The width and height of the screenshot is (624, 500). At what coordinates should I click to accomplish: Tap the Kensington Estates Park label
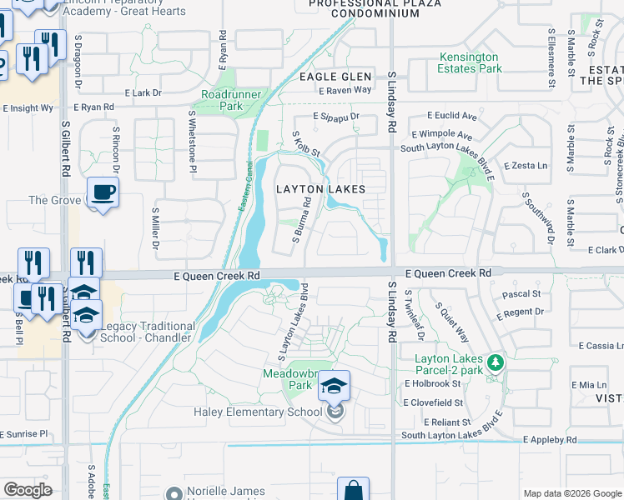(x=471, y=62)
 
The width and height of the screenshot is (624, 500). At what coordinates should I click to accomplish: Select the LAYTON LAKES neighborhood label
(x=320, y=189)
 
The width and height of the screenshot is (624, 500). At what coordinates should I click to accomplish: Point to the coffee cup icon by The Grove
(x=103, y=192)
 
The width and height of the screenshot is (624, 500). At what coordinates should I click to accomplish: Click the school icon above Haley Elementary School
(x=335, y=386)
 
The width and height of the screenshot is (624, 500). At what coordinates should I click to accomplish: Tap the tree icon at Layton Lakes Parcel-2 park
(x=496, y=362)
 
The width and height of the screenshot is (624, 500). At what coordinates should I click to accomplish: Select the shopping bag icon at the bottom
(x=353, y=490)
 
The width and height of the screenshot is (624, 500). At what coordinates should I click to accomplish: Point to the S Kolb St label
(x=306, y=144)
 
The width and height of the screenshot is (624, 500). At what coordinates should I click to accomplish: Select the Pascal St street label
(x=522, y=294)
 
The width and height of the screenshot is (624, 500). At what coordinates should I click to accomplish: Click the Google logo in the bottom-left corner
(x=28, y=489)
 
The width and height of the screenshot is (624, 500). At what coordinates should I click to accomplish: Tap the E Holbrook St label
(x=433, y=383)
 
